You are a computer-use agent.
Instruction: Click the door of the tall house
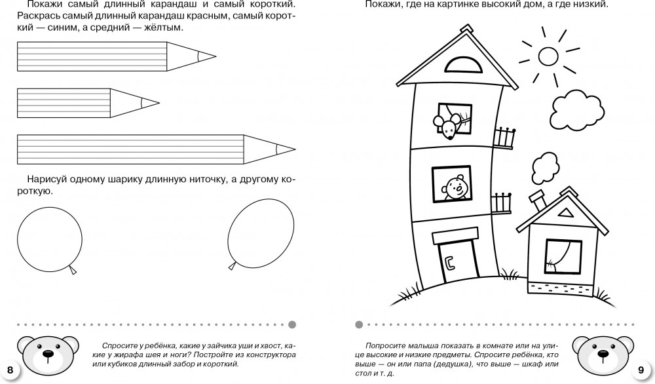tap(456, 261)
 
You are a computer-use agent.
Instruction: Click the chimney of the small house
tap(538, 200)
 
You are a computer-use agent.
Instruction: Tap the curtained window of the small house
tap(563, 256)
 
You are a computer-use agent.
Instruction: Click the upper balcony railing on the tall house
tap(504, 138)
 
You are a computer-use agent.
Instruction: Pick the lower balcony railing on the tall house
tap(501, 202)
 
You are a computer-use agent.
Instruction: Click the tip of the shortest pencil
tap(151, 103)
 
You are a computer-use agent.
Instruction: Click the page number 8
tap(10, 371)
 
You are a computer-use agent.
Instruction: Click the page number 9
tap(641, 371)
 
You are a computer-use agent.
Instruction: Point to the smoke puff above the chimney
tap(543, 168)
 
